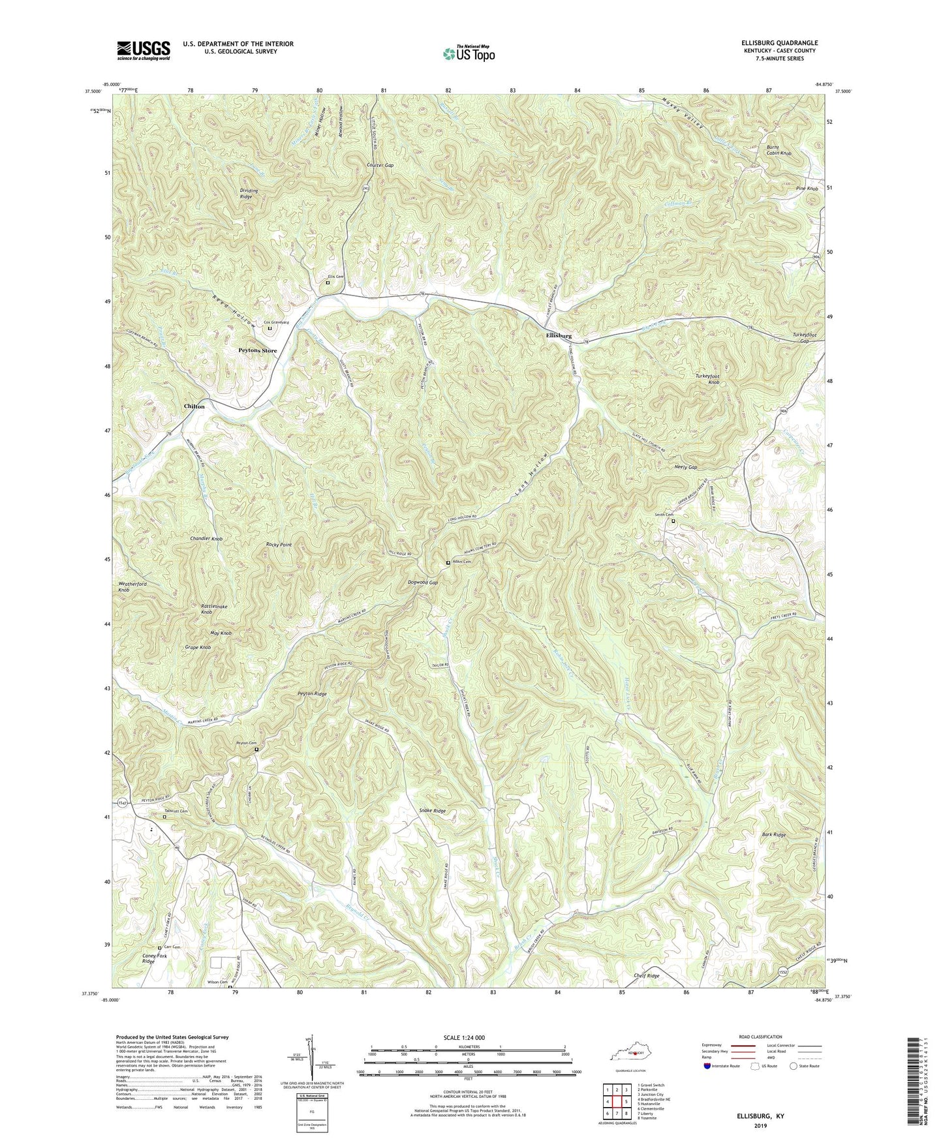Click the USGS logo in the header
click(143, 50)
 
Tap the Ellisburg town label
click(559, 335)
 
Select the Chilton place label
click(194, 406)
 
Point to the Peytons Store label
click(256, 350)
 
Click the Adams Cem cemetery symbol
click(448, 562)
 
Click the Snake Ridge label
click(432, 811)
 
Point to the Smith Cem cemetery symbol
click(673, 521)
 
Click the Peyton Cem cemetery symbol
click(256, 750)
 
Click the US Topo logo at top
click(468, 53)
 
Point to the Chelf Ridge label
click(646, 976)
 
